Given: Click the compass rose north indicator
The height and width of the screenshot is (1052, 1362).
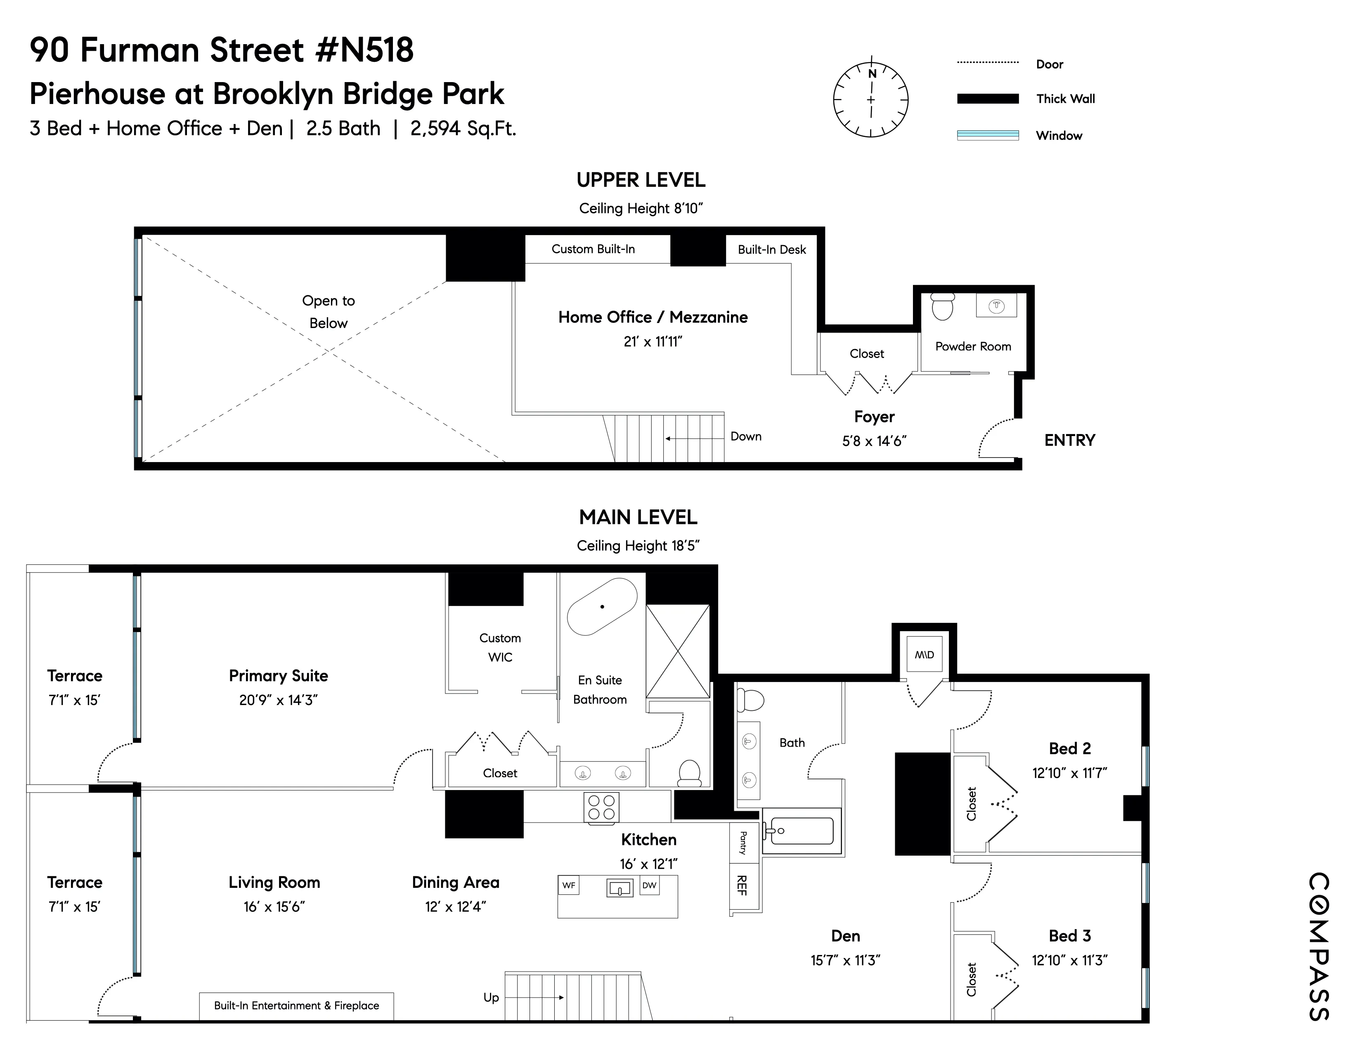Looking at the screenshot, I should click(872, 73).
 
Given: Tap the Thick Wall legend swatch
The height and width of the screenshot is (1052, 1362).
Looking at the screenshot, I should click(987, 99).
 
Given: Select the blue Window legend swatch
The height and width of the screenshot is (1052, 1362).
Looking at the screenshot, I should click(987, 135).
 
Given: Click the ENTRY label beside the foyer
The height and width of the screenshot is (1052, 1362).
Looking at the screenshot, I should click(1069, 441).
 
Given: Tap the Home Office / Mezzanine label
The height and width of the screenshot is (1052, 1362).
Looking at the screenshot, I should click(652, 317).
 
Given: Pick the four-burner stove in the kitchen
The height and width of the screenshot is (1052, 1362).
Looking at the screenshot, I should click(601, 807).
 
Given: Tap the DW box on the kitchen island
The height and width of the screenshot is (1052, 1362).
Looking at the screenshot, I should click(649, 885).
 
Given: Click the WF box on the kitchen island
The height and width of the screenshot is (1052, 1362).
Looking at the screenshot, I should click(569, 885).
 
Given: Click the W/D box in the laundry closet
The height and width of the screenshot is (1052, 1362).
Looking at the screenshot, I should click(924, 654).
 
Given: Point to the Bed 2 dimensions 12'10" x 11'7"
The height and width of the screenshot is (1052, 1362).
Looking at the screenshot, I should click(1069, 773).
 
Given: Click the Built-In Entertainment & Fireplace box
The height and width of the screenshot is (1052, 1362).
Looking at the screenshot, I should click(296, 1005).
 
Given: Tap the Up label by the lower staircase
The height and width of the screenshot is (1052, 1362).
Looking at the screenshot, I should click(492, 997).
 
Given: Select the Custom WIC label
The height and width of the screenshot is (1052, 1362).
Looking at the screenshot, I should click(500, 647).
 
